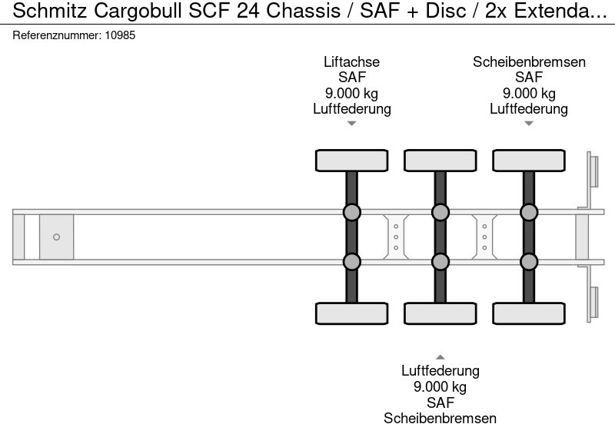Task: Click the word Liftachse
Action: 351,62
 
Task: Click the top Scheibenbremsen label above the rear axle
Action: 529,62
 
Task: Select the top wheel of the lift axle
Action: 351,161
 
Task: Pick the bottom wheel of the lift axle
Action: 351,313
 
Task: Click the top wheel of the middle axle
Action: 440,161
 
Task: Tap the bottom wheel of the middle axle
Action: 440,313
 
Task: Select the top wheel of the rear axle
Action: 528,161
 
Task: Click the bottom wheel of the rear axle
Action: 528,313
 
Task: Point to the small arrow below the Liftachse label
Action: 351,124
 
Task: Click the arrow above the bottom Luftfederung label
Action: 440,356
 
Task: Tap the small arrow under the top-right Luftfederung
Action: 528,124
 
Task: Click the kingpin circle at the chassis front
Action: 56,237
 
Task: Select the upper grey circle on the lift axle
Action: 351,212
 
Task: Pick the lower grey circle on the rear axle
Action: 528,262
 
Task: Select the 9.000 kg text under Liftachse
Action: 351,94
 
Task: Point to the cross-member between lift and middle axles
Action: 395,237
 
